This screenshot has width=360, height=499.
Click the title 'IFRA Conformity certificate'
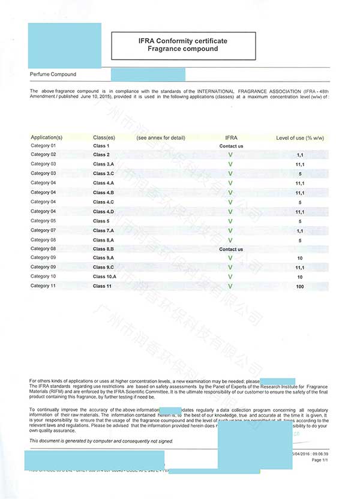click(x=183, y=41)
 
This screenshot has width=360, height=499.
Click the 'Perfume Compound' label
click(x=53, y=74)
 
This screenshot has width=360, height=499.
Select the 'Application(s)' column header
click(x=46, y=137)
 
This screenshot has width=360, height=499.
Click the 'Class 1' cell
click(x=101, y=146)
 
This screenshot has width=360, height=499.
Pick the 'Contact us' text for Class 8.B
click(x=231, y=249)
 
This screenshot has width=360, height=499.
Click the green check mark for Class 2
click(x=230, y=155)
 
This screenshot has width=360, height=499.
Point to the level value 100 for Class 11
click(x=299, y=287)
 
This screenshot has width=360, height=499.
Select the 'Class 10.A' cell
click(x=104, y=276)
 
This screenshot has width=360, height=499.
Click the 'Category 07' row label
click(x=43, y=230)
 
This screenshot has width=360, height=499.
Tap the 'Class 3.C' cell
click(x=103, y=173)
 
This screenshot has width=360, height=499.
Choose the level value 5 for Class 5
click(x=299, y=221)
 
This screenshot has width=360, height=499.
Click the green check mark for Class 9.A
click(x=230, y=258)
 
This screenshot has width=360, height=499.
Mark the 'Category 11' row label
click(x=43, y=286)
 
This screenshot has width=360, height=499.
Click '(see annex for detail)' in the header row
click(x=161, y=137)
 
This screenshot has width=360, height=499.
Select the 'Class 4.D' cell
click(x=103, y=212)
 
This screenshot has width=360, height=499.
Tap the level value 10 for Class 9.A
click(x=299, y=258)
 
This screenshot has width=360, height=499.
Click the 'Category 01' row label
click(x=43, y=146)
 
